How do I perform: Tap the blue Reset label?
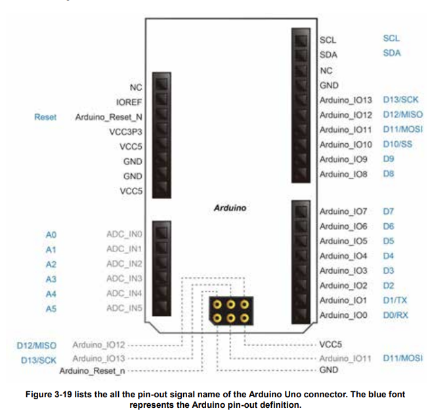(45, 117)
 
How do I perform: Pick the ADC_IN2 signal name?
(124, 264)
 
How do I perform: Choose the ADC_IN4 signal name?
(124, 293)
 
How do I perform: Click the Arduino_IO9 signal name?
(343, 159)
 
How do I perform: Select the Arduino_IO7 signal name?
(343, 211)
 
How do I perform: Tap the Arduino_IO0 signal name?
(343, 315)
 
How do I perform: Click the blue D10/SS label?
(397, 144)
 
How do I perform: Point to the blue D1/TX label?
(395, 300)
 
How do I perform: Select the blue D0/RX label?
(396, 315)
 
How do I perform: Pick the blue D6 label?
(388, 226)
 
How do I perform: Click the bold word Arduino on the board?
(230, 208)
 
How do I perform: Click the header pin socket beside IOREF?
(161, 101)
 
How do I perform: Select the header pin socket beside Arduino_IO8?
(301, 175)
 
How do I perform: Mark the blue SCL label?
(391, 39)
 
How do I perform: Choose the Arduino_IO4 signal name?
(343, 255)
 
